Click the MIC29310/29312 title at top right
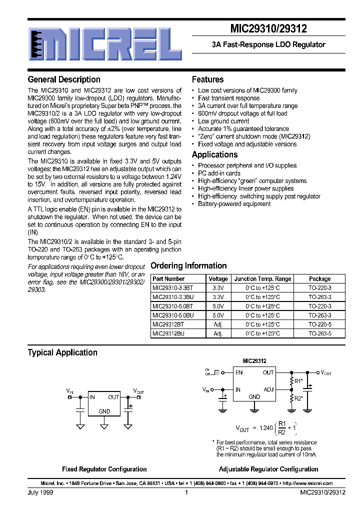(268, 29)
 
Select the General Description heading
(64, 79)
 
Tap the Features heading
(207, 79)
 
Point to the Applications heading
(214, 154)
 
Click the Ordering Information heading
(188, 266)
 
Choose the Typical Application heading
(62, 352)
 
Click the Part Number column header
(168, 278)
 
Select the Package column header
(319, 278)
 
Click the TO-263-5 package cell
(319, 333)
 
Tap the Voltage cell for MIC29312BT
(218, 324)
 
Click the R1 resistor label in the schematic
(298, 381)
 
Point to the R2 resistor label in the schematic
(298, 398)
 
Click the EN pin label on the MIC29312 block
(239, 372)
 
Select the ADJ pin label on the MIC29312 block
(268, 389)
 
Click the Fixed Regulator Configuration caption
(104, 469)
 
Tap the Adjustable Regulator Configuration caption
(268, 469)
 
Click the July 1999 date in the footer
(40, 492)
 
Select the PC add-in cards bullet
(219, 173)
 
